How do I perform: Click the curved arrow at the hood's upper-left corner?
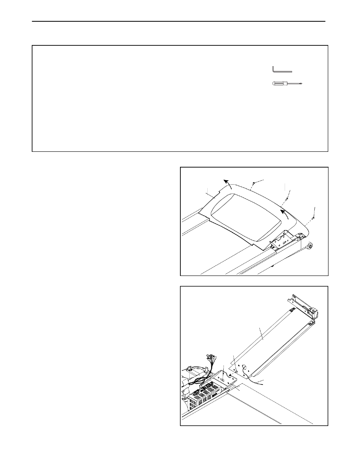click(x=227, y=183)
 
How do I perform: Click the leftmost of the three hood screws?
click(x=253, y=184)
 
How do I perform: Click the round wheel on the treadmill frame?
click(x=310, y=246)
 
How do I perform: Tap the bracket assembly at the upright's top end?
click(x=303, y=306)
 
